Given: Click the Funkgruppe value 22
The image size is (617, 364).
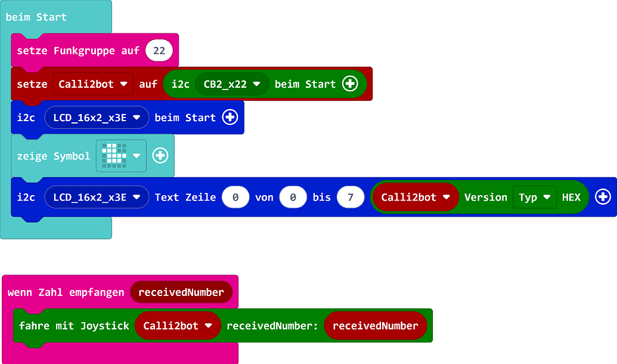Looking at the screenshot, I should (x=159, y=51).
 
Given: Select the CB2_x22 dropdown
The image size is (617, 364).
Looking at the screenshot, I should (x=232, y=84).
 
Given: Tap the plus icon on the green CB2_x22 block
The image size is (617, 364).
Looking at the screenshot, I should (x=350, y=84).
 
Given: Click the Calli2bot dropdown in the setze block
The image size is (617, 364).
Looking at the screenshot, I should (x=93, y=84).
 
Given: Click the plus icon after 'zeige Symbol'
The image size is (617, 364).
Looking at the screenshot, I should (x=160, y=156).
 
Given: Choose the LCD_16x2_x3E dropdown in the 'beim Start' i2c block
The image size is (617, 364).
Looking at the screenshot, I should (x=96, y=118).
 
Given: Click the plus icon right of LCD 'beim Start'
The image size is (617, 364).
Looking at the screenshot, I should (x=230, y=118).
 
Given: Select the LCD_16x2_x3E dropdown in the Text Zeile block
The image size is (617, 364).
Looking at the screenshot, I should (x=96, y=197).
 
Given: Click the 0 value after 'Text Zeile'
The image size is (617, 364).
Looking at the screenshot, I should (x=235, y=197).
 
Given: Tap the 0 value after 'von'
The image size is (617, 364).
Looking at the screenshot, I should (x=292, y=197).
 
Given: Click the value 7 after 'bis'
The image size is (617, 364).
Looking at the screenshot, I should (x=350, y=197).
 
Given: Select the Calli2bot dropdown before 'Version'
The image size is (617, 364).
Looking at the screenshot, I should (x=415, y=197).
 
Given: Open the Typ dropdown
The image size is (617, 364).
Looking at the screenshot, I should (x=534, y=197).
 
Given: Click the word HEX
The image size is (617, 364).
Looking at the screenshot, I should (x=571, y=197).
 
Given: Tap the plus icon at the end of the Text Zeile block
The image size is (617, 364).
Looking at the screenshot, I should (x=603, y=197).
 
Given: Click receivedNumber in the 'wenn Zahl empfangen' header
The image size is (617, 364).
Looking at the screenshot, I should (x=181, y=292).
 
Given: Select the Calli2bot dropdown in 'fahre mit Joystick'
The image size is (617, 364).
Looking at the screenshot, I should (x=178, y=326).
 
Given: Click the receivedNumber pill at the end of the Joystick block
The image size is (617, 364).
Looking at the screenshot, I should (x=375, y=326).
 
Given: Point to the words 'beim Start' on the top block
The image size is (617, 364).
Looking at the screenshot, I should (x=36, y=17).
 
